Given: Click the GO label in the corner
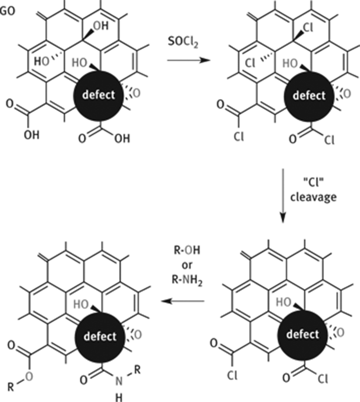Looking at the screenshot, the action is (x=8, y=11).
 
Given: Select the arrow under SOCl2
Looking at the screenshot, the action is (x=188, y=60).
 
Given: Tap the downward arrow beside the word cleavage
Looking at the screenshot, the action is (x=282, y=196).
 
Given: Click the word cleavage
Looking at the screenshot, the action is (x=314, y=197).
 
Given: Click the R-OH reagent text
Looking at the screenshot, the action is (x=187, y=250).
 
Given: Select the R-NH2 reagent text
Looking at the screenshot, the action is (x=187, y=280).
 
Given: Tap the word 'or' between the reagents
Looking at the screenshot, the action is (x=187, y=265).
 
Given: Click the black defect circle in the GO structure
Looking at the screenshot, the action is (x=98, y=95).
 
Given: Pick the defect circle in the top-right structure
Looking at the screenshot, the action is (x=309, y=96).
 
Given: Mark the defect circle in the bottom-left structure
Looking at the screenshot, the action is (x=100, y=336).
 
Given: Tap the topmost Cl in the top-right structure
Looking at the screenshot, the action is (x=307, y=28).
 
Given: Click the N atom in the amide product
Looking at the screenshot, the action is (x=119, y=381).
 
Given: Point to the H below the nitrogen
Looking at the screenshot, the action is (x=119, y=397).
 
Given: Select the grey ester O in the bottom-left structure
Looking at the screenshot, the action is (x=29, y=377).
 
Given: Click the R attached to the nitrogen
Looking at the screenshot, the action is (x=138, y=370).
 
